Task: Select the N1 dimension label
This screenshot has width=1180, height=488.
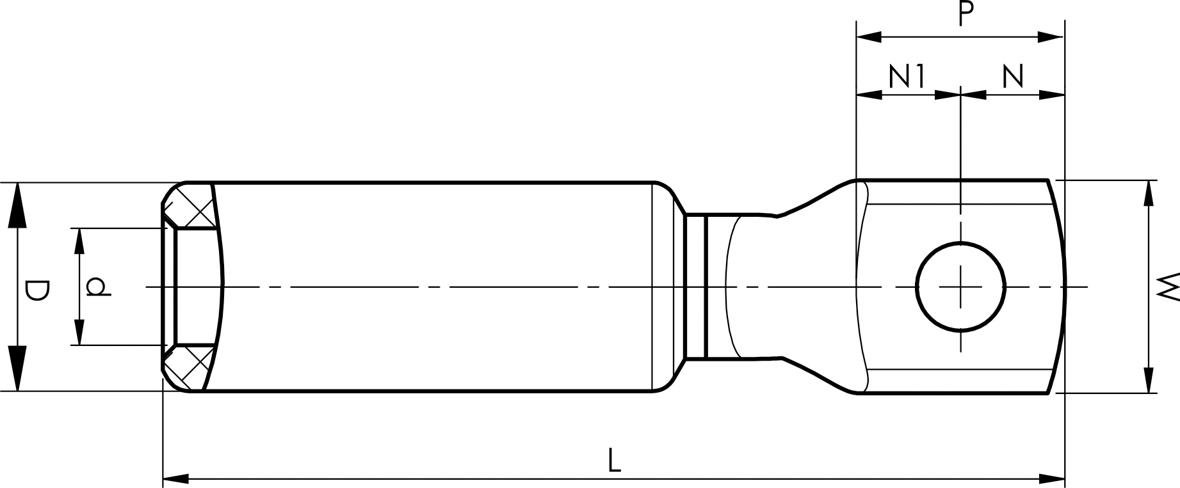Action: click(908, 77)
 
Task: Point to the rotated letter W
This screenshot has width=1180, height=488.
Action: click(1168, 286)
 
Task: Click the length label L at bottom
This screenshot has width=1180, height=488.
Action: click(614, 460)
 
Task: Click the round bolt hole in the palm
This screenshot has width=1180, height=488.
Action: click(961, 287)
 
